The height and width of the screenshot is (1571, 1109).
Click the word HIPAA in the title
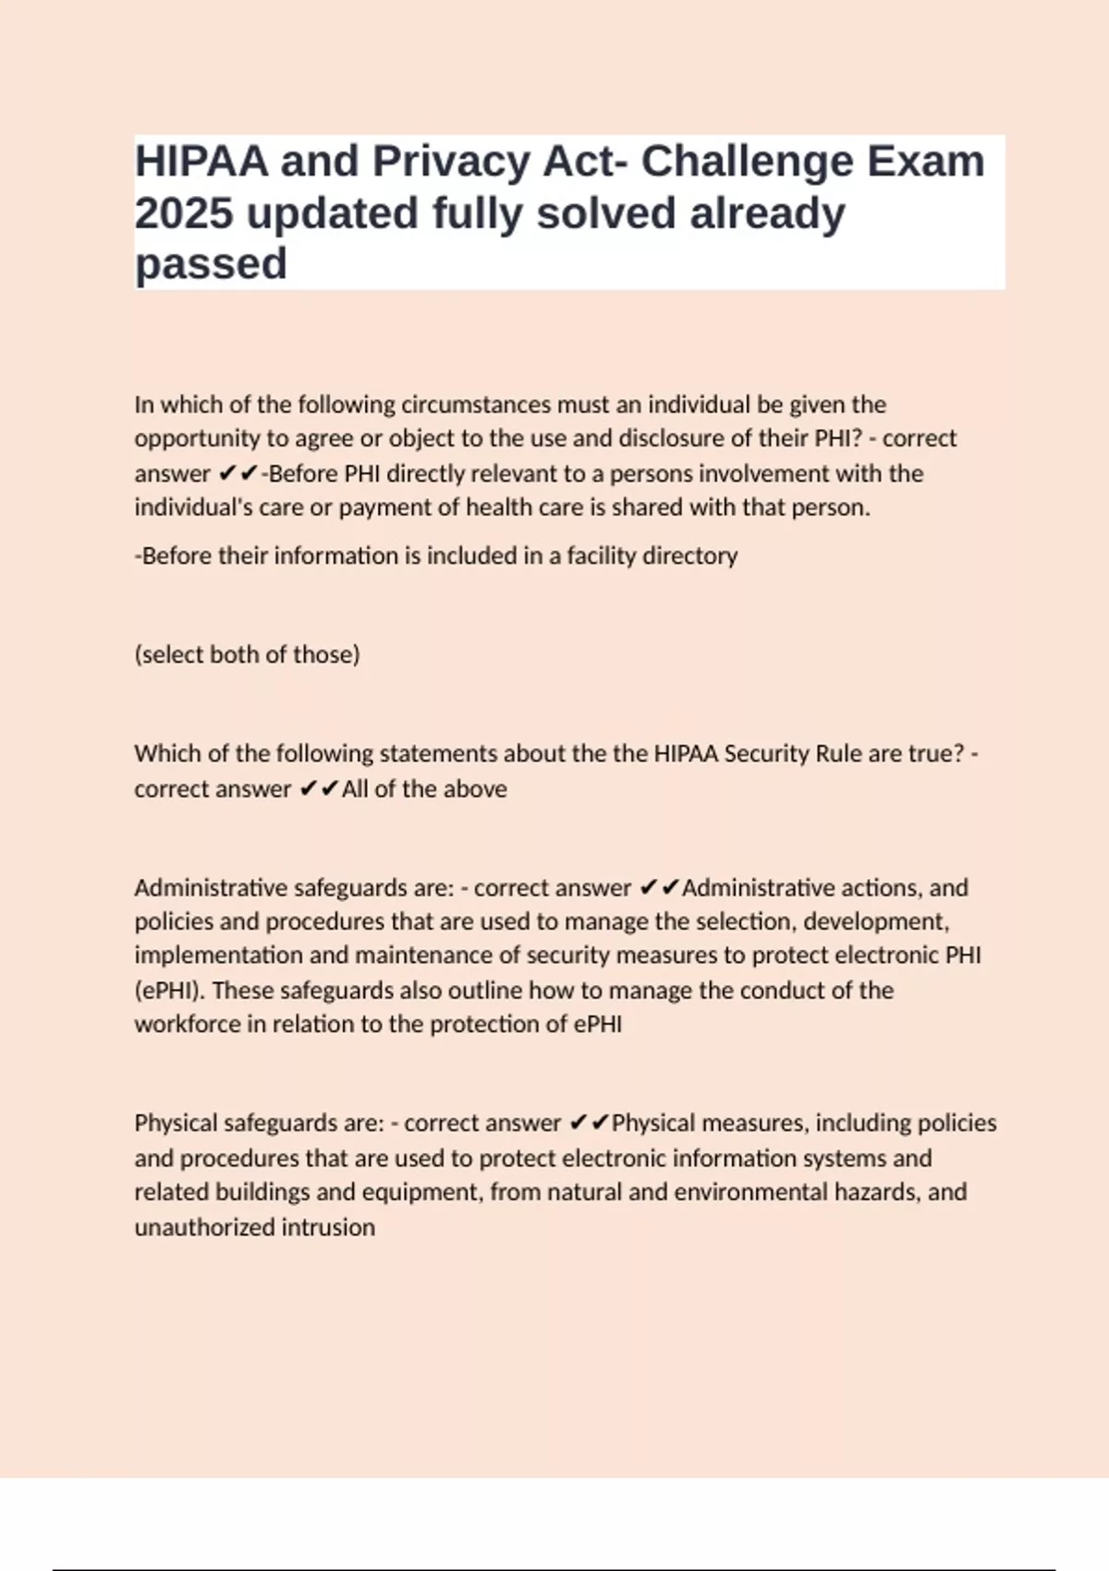coord(201,162)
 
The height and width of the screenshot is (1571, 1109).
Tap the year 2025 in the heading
coord(184,213)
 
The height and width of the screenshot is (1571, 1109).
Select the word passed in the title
coord(211,264)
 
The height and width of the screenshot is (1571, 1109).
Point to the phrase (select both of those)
coord(247,654)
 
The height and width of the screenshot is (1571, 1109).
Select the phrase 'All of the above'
coord(424,789)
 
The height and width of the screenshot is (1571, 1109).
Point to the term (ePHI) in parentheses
coord(169,991)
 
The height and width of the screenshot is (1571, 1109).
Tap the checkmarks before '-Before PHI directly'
coord(238,474)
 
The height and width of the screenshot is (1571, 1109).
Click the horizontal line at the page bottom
coord(554,1569)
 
